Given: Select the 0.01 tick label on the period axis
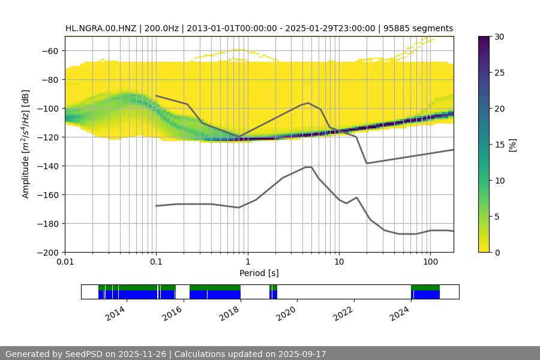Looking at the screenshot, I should (65, 262).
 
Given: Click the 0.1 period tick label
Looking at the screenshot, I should (156, 262).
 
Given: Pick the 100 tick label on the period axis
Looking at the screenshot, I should (430, 262).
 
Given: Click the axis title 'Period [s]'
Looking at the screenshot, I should (259, 273).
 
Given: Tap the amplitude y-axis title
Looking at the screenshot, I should (25, 144).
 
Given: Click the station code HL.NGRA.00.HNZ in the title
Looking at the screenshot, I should (102, 28).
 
